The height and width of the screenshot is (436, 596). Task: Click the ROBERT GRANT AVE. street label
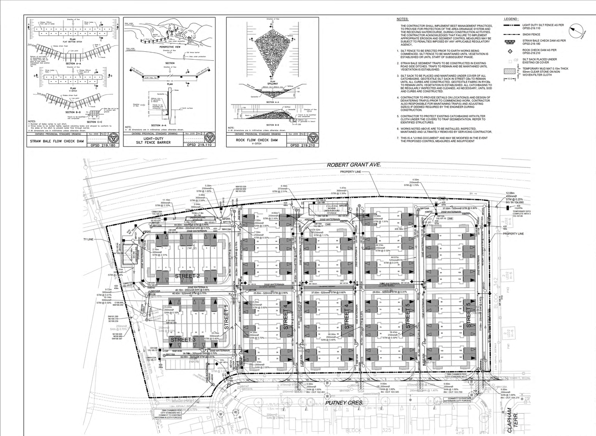click(x=353, y=165)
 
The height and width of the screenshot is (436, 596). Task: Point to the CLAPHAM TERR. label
click(x=511, y=419)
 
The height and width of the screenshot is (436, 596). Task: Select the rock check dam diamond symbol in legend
click(x=510, y=50)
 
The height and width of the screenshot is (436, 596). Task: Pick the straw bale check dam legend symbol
click(x=510, y=42)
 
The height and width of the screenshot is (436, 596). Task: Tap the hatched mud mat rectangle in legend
click(x=511, y=71)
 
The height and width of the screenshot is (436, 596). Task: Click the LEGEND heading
click(x=512, y=19)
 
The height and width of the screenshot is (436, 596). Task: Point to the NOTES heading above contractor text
click(x=402, y=19)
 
